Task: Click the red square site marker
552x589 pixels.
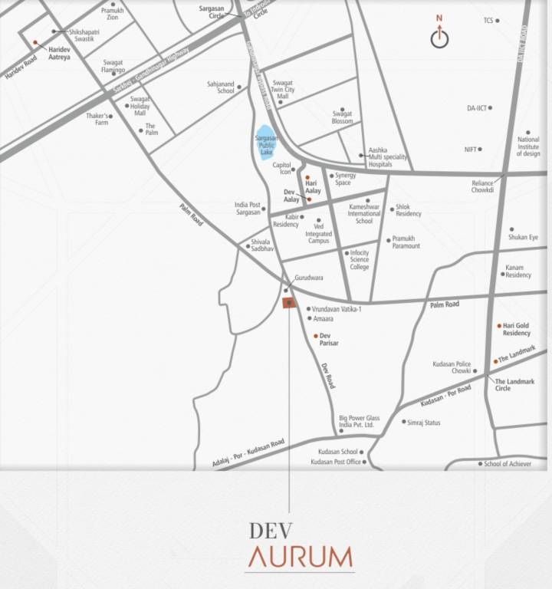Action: coord(288,303)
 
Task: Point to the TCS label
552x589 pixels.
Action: coord(488,21)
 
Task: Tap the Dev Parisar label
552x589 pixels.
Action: coord(330,340)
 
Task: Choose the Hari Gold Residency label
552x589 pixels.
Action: coord(516,329)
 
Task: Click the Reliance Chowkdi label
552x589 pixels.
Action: coord(482,186)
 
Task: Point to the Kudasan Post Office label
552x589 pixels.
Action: coord(335,462)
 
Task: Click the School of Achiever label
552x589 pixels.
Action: coord(507,464)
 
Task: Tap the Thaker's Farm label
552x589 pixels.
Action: coord(97,119)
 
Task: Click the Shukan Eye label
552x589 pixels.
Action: coord(523,238)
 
